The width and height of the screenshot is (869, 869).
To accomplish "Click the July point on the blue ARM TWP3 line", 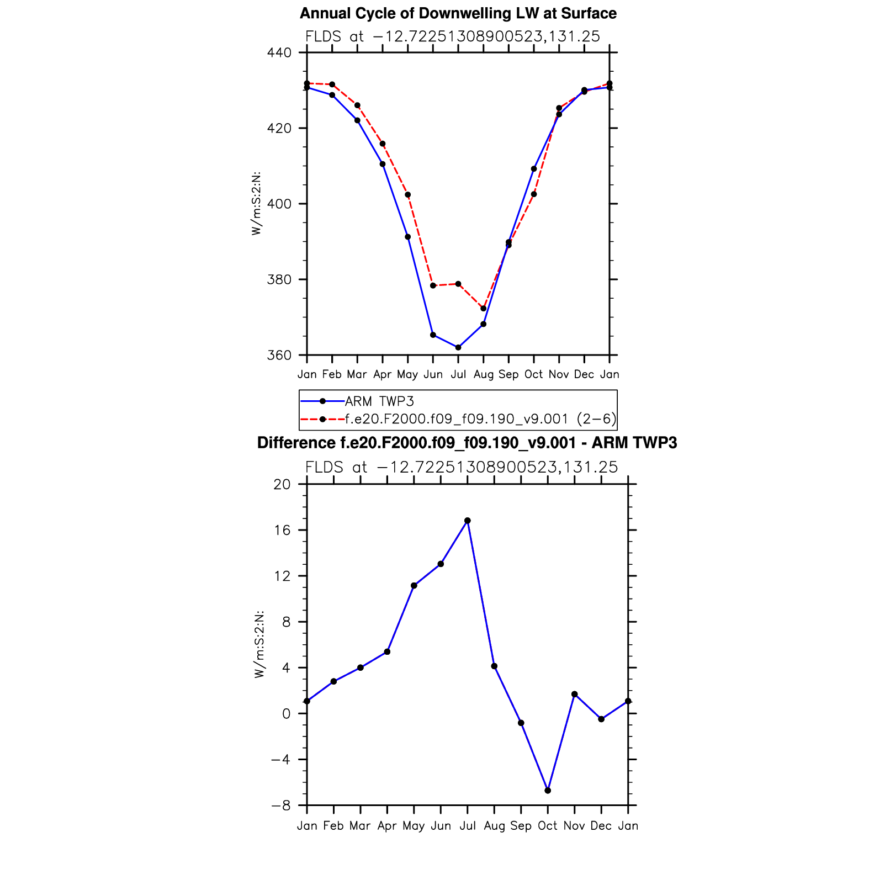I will [x=458, y=347].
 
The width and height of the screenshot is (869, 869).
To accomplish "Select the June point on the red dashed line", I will [x=433, y=285].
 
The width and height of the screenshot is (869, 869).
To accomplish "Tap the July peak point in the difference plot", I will [x=468, y=521].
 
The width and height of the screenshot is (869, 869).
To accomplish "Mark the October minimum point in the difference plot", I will [x=548, y=791].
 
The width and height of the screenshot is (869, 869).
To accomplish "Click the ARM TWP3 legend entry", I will [x=379, y=401].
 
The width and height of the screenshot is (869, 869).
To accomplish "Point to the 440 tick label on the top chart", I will [x=279, y=52].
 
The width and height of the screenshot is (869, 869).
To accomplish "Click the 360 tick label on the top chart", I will [x=279, y=355].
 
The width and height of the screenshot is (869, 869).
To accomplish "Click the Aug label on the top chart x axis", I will [x=484, y=374].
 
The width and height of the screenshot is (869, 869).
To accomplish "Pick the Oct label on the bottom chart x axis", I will [x=548, y=826].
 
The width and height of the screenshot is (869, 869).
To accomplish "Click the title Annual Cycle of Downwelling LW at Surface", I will [x=458, y=13].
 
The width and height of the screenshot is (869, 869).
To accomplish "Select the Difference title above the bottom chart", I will [x=467, y=443].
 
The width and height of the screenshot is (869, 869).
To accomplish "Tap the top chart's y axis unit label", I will [x=256, y=204].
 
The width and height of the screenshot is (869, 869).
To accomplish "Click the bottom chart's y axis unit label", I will [x=259, y=644].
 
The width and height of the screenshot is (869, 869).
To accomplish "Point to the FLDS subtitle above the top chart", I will [x=453, y=36].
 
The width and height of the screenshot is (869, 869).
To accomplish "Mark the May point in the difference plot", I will [x=414, y=585].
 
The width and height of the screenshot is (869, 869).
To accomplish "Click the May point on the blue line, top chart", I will [x=408, y=237].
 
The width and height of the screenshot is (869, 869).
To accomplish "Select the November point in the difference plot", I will [x=575, y=694].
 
